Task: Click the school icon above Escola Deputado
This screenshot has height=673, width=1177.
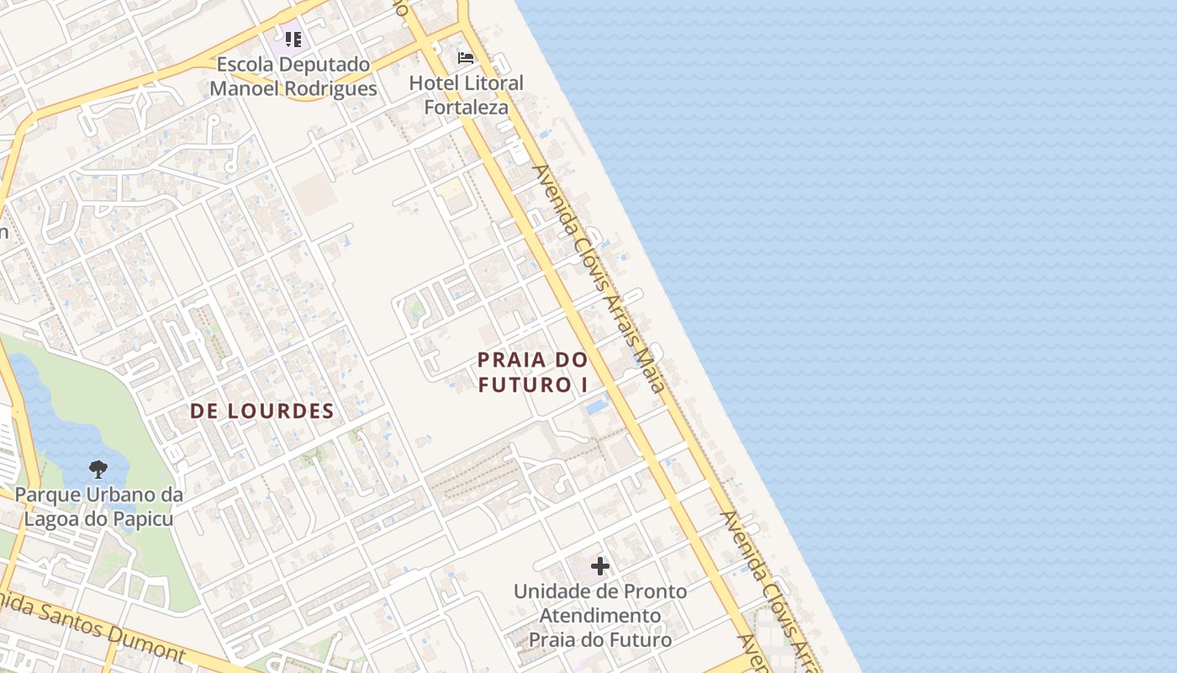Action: (293, 39)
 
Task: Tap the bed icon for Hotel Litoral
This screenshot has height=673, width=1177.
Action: (466, 58)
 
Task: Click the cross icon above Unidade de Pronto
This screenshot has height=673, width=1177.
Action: (600, 566)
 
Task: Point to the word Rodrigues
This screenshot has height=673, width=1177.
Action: (325, 88)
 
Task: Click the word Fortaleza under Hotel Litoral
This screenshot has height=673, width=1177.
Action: (466, 107)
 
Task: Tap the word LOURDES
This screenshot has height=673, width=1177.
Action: (285, 411)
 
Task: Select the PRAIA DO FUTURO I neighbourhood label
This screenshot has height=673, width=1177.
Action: (533, 372)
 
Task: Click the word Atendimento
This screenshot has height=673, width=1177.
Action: (599, 616)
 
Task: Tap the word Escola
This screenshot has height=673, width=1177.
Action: (245, 64)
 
